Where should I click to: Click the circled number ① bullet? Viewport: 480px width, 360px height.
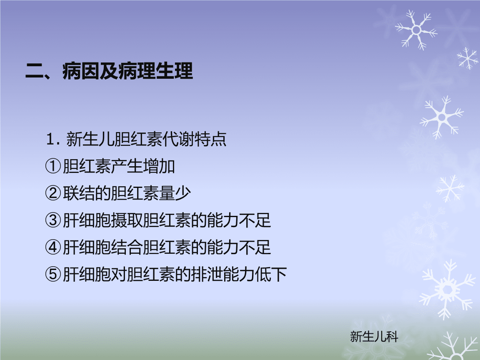(53, 166)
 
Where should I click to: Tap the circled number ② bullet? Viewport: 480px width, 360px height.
(53, 193)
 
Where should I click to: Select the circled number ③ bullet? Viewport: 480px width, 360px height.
(53, 220)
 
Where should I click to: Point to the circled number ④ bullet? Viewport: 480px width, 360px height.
(53, 247)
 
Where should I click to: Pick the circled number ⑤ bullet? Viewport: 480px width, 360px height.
(53, 274)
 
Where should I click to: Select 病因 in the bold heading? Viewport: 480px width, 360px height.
(81, 71)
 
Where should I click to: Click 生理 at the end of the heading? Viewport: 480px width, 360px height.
(175, 71)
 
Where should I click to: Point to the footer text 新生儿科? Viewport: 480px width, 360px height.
(374, 336)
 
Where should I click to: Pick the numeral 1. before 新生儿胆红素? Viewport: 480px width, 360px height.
(52, 139)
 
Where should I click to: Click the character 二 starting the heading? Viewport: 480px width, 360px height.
(35, 71)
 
